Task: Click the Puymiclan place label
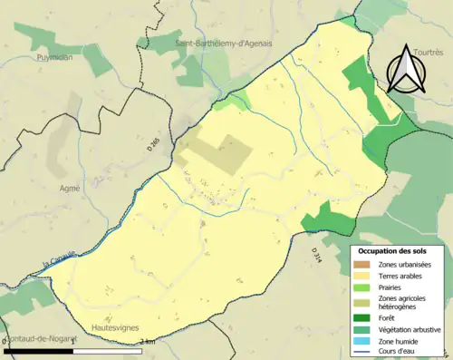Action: [x=53, y=55]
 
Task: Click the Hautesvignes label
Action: [x=116, y=326]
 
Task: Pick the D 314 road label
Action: [x=316, y=256]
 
